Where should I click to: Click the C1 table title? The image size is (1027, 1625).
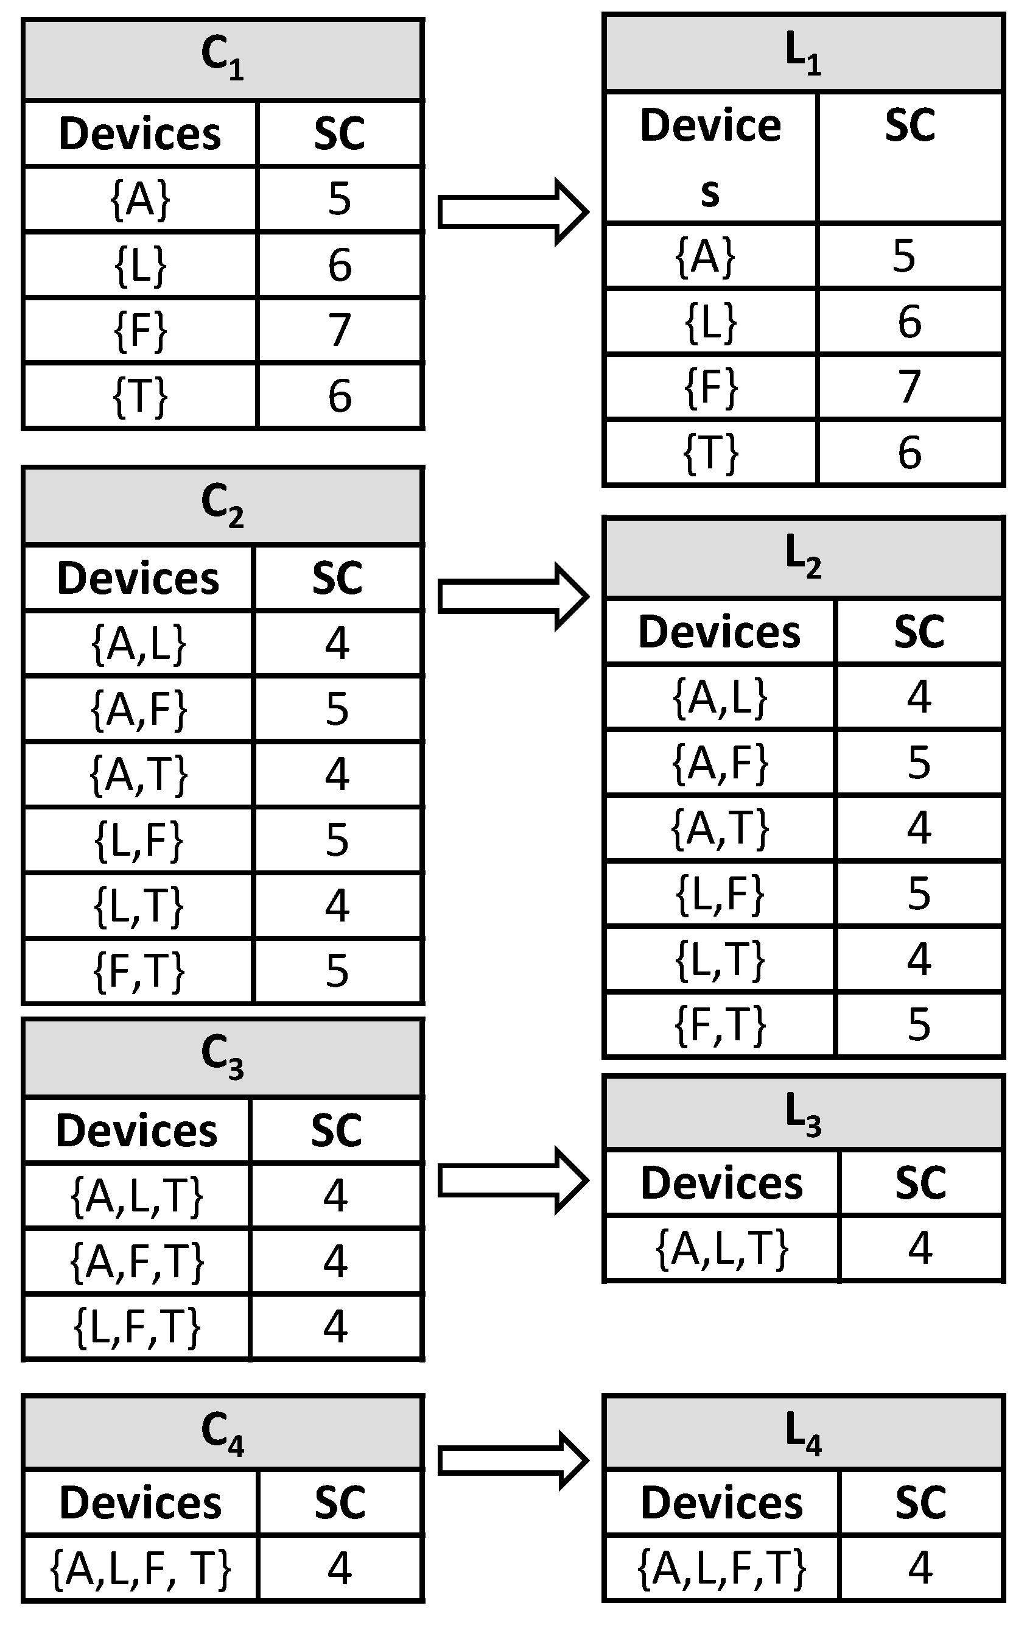pos(223,60)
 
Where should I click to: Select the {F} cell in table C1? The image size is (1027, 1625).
pos(140,331)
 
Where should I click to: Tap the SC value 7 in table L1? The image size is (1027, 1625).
pos(909,387)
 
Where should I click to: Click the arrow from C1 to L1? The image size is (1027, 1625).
pos(513,212)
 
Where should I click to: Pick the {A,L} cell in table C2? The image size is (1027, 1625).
pos(138,644)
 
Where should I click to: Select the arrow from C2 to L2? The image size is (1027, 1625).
pos(513,596)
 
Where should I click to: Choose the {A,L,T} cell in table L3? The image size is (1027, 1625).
pos(721,1249)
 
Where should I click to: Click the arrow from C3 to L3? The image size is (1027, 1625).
pos(513,1181)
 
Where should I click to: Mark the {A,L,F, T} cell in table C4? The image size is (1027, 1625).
pos(140,1568)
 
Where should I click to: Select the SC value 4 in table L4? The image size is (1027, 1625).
pos(920,1568)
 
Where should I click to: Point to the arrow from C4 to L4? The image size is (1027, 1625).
pos(513,1462)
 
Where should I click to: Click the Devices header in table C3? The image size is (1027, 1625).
pos(136,1130)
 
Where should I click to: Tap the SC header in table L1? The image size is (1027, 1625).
pos(909,125)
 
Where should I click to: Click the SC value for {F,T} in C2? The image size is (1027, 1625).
pos(337,971)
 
